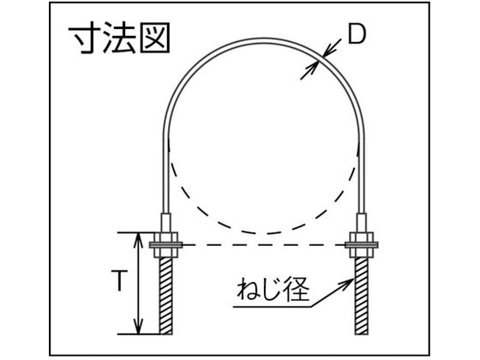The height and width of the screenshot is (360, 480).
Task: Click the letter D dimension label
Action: [357, 34]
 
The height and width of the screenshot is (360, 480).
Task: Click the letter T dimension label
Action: [119, 280]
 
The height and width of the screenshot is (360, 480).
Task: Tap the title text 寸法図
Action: [119, 38]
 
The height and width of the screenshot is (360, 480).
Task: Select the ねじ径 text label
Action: [273, 290]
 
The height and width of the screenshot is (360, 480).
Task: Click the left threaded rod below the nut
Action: [165, 296]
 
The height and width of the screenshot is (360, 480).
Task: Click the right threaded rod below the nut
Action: [362, 296]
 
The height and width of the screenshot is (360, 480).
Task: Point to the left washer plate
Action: [165, 245]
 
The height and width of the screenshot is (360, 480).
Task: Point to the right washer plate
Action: [362, 245]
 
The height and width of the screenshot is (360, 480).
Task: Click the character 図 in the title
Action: [155, 38]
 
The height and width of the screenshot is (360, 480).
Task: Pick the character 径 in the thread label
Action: [297, 290]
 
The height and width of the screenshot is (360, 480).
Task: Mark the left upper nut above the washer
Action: [165, 237]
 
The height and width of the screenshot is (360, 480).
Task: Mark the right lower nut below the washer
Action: [362, 252]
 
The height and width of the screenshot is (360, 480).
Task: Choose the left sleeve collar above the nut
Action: [165, 223]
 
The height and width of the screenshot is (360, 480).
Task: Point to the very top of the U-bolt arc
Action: [264, 39]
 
